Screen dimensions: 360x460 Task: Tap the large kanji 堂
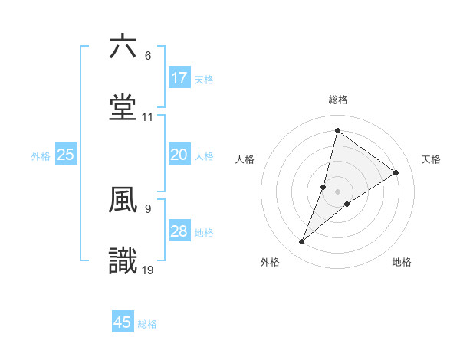[123, 108]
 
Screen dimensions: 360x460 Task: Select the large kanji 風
[123, 200]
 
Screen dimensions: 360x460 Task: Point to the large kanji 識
[123, 261]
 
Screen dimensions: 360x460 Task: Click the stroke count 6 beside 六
[147, 57]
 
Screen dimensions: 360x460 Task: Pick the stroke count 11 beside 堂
[148, 118]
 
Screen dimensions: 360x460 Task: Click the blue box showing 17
[179, 78]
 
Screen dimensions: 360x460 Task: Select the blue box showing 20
[179, 155]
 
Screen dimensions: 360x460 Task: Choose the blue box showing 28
[179, 231]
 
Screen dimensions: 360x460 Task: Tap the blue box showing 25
[66, 155]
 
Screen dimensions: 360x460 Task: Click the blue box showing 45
[123, 322]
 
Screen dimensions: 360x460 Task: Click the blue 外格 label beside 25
[41, 156]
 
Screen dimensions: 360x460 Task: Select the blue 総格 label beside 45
[147, 324]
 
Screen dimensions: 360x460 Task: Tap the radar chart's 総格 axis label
[338, 100]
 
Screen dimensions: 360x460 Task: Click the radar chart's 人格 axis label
[245, 159]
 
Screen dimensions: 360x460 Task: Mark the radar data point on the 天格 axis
[396, 172]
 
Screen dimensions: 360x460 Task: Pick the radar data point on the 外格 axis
[302, 242]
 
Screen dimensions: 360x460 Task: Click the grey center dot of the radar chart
[338, 191]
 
